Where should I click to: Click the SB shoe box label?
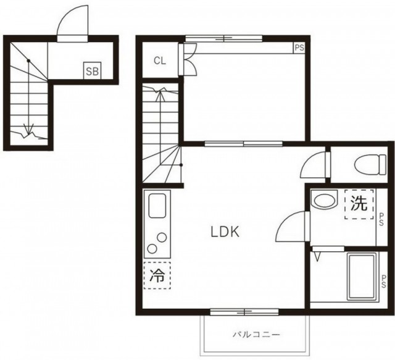pyautogui.click(x=93, y=72)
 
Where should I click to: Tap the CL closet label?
pyautogui.click(x=160, y=61)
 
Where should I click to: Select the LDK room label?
pyautogui.click(x=225, y=232)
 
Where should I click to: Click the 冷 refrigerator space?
pyautogui.click(x=157, y=275)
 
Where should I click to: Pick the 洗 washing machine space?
pyautogui.click(x=359, y=204)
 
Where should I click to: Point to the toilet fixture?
pyautogui.click(x=370, y=165)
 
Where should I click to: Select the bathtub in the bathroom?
pyautogui.click(x=362, y=277)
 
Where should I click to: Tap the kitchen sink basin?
pyautogui.click(x=157, y=206)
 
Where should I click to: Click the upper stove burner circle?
pyautogui.click(x=162, y=238)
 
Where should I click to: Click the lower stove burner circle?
pyautogui.click(x=152, y=249)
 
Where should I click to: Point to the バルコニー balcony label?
pyautogui.click(x=256, y=335)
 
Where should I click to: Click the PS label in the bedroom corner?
pyautogui.click(x=299, y=48)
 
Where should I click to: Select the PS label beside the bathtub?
pyautogui.click(x=383, y=282)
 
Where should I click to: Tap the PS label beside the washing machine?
pyautogui.click(x=381, y=220)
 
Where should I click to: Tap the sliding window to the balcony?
pyautogui.click(x=244, y=312)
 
